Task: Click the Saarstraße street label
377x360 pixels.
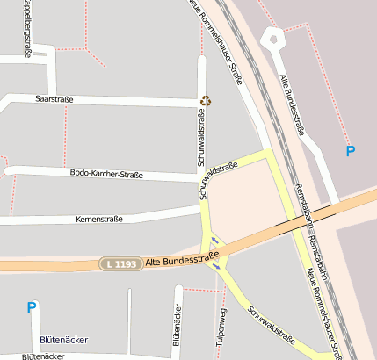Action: (x=54, y=100)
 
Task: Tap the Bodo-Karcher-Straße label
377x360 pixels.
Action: (x=106, y=174)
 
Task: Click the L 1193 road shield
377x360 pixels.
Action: (x=120, y=263)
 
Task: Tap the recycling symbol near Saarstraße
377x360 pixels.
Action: (x=206, y=100)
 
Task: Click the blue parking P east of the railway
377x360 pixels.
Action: (x=351, y=151)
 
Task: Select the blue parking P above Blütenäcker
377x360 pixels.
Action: (x=32, y=307)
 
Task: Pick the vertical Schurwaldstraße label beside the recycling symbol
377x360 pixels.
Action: (x=201, y=140)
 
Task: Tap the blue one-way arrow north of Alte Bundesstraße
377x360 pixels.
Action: (x=214, y=240)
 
